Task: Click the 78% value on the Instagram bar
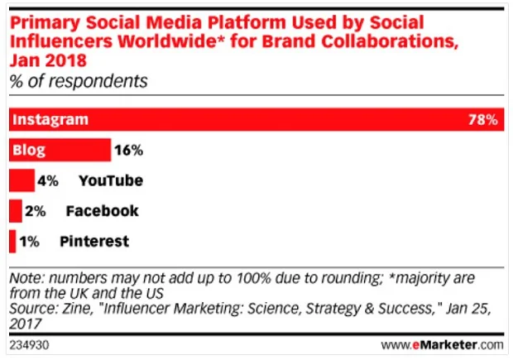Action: tap(482, 120)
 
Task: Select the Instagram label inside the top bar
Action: tap(51, 120)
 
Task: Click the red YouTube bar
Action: tap(22, 180)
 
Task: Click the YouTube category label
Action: tap(111, 180)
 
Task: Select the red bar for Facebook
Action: tap(16, 211)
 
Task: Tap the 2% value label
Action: tap(36, 211)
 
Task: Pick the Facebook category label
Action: tap(103, 211)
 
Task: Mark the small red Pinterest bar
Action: tap(12, 242)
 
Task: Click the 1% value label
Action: tap(29, 242)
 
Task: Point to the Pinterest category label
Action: tap(94, 242)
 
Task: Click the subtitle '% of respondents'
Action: tap(78, 81)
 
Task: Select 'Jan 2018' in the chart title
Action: tap(46, 59)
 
